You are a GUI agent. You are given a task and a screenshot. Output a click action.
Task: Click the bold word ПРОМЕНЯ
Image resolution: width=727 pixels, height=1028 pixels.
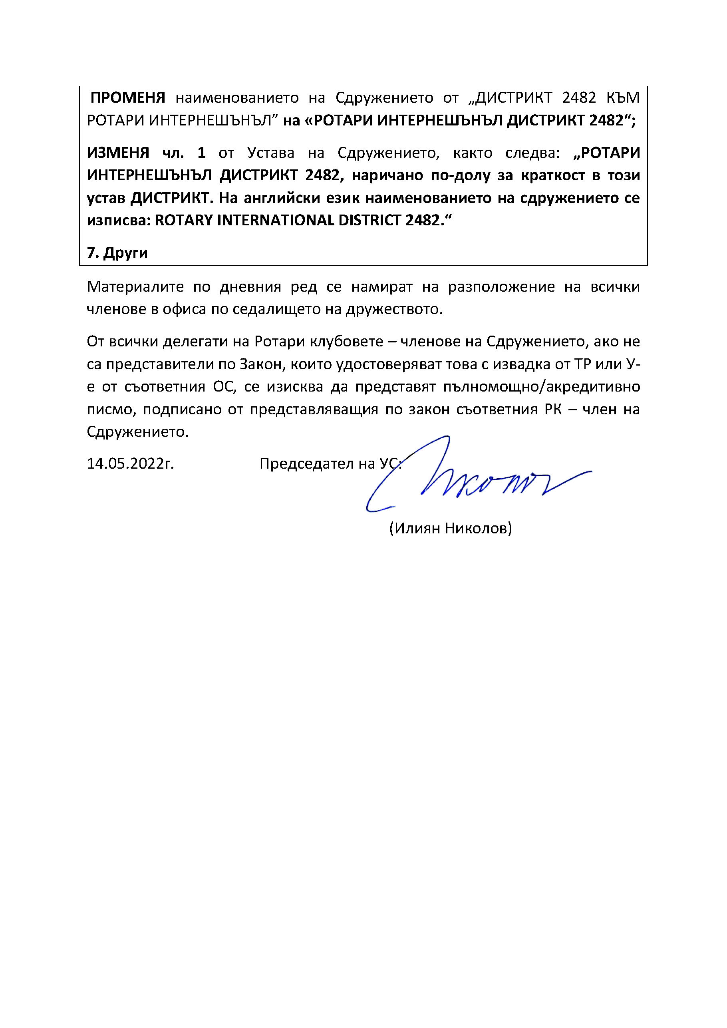point(128,97)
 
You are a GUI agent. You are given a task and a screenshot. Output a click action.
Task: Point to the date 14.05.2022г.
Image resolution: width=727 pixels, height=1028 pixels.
point(130,464)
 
